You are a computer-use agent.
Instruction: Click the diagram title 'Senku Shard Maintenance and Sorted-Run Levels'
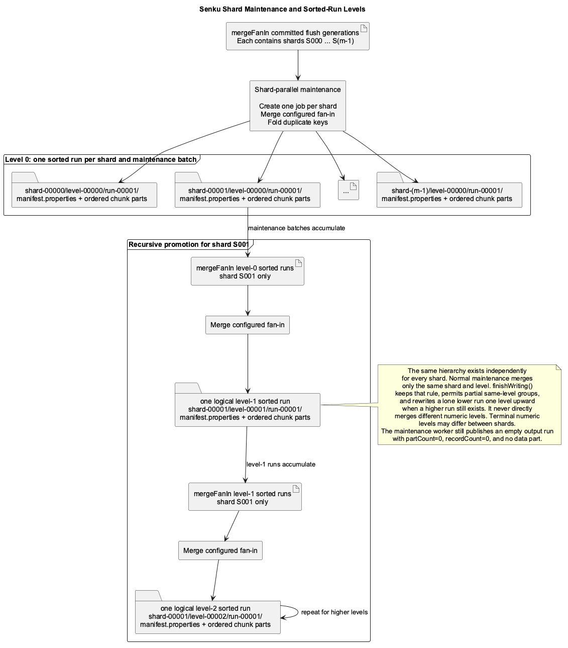tap(282, 9)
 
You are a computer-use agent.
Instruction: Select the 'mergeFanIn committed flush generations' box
tap(297, 36)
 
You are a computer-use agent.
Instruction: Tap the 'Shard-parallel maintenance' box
tap(297, 106)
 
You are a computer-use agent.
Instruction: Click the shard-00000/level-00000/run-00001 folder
tap(84, 190)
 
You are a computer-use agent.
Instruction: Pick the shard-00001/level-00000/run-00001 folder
tap(247, 190)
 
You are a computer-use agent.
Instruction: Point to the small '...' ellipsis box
tap(348, 190)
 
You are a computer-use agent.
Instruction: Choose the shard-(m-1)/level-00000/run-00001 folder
tap(449, 190)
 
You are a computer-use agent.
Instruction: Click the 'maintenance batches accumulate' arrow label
tap(296, 228)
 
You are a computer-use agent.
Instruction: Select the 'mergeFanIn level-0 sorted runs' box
tap(247, 271)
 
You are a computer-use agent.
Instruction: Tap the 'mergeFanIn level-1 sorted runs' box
tap(245, 497)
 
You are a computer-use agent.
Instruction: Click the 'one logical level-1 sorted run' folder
tap(247, 405)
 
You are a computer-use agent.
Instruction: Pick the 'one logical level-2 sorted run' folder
tap(207, 612)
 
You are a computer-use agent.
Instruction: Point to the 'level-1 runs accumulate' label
tap(281, 465)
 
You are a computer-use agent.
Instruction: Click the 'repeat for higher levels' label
tap(334, 612)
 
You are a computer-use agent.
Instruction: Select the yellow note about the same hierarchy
tap(469, 405)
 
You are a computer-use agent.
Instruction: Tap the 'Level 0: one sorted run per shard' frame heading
tap(100, 159)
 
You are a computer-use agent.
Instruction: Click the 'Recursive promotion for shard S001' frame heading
tap(188, 245)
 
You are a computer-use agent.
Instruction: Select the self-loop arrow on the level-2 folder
tap(298, 612)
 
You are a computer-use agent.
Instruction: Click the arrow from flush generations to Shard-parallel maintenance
tap(298, 65)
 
